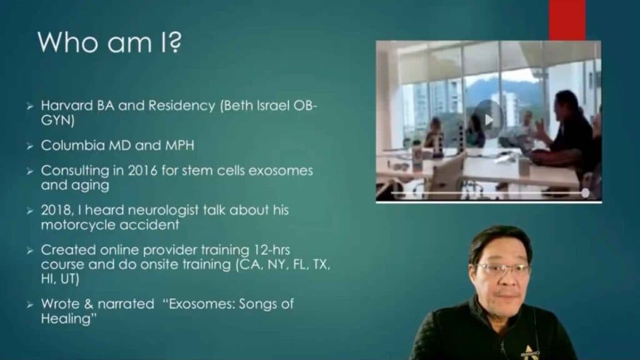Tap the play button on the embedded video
pos(488,119)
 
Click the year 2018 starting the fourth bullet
pos(55,210)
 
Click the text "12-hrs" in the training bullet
pos(275,250)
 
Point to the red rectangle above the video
pos(567,19)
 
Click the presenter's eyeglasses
pos(503,269)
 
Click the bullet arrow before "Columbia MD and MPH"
pos(29,146)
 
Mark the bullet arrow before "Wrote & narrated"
pos(29,304)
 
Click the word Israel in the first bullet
pos(256,105)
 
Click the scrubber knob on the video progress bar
pos(586,193)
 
